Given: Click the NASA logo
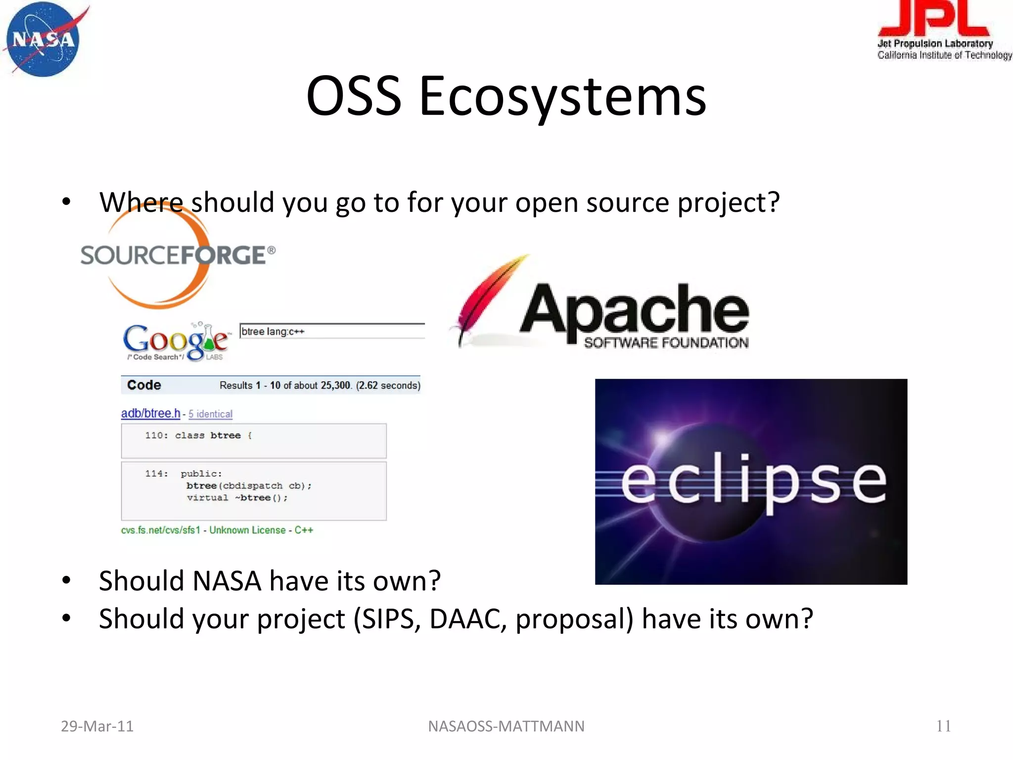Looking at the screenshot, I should tap(44, 40).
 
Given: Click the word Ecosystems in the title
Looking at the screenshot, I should tap(563, 96).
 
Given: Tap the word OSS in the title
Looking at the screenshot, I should tap(353, 96).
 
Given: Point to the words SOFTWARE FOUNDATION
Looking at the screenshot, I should tap(666, 343).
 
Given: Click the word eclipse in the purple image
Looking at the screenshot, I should tap(753, 481).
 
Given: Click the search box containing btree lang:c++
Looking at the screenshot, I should tap(331, 331).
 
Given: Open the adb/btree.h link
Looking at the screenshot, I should tap(150, 413).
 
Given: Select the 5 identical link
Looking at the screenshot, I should tap(210, 414).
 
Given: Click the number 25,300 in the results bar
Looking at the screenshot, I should tap(336, 385).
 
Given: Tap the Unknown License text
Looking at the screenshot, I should tap(247, 530).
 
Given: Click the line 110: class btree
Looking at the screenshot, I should tap(198, 435).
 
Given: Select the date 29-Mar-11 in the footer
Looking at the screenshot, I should tap(97, 726).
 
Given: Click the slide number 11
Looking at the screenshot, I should tap(943, 726).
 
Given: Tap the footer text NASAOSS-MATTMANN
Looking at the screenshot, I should tap(506, 726).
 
